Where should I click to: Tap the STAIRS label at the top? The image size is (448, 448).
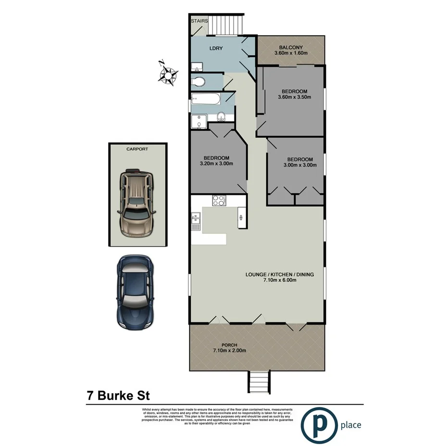pyautogui.click(x=199, y=21)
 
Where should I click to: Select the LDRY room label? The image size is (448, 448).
pyautogui.click(x=214, y=49)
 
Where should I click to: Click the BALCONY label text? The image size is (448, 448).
pyautogui.click(x=291, y=47)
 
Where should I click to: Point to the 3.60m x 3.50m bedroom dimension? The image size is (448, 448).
pyautogui.click(x=295, y=98)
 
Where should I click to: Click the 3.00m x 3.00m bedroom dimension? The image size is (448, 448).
pyautogui.click(x=300, y=165)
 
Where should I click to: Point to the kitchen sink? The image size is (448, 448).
pyautogui.click(x=196, y=222)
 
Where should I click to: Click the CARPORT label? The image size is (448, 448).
pyautogui.click(x=137, y=149)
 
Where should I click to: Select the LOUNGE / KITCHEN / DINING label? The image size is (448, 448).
pyautogui.click(x=279, y=274)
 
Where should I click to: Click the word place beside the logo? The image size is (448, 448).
pyautogui.click(x=350, y=425)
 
